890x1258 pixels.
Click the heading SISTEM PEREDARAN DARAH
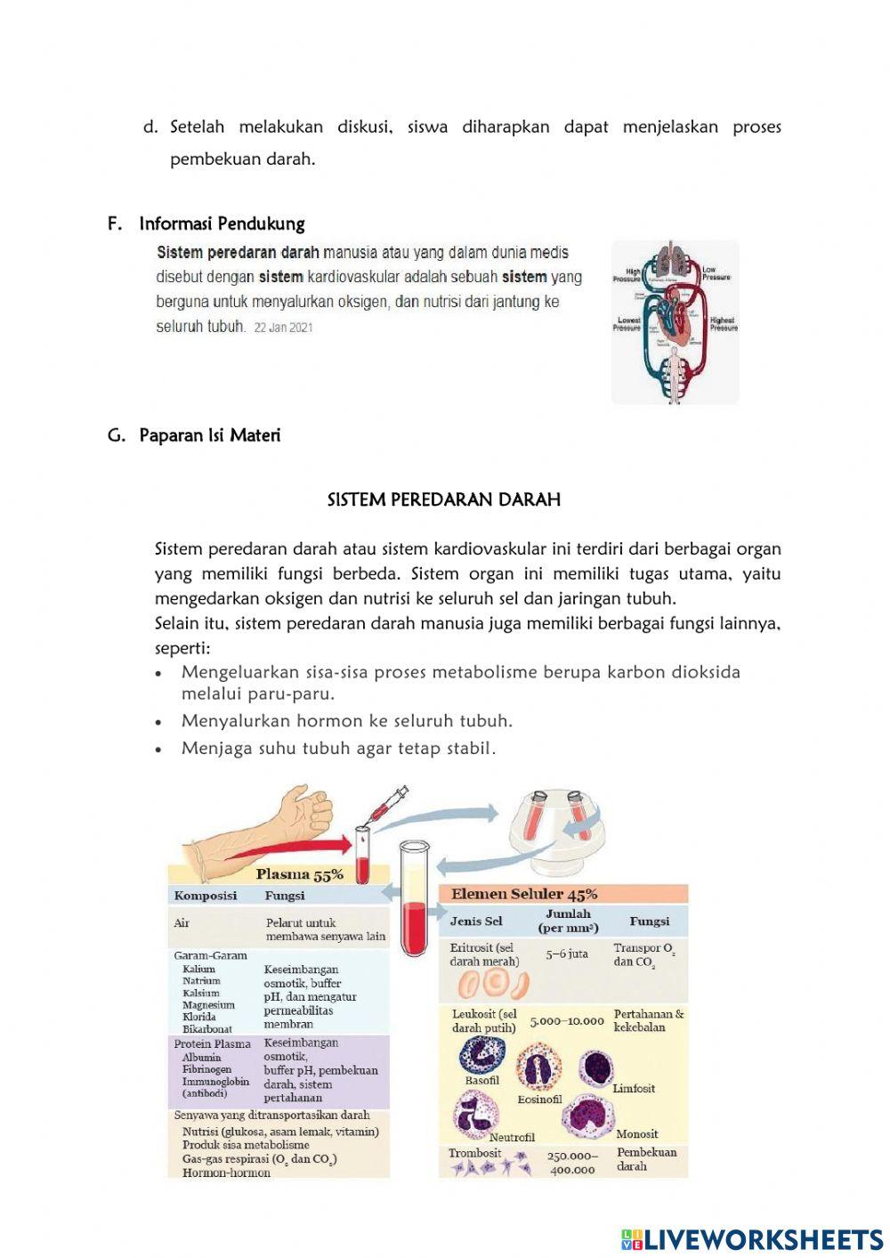[x=444, y=499]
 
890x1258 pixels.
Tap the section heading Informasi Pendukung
[x=222, y=223]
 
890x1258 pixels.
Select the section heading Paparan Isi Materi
[x=209, y=435]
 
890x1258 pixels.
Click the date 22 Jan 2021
[x=283, y=328]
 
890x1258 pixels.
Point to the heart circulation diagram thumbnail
[x=675, y=321]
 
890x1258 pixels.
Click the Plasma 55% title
[x=299, y=874]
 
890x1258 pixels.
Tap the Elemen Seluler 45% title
[x=524, y=894]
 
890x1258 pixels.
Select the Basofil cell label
[x=482, y=1080]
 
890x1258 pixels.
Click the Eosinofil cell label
[x=539, y=1099]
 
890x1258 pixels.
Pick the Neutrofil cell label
[x=512, y=1137]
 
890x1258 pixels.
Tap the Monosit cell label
[x=637, y=1133]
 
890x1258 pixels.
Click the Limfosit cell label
[x=634, y=1088]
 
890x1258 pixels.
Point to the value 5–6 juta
[x=567, y=954]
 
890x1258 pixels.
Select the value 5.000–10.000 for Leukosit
[x=567, y=1021]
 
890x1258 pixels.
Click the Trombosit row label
[x=474, y=1153]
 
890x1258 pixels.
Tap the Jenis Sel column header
[x=476, y=921]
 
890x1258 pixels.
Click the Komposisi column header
[x=205, y=896]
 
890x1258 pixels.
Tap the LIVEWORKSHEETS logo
[x=752, y=1239]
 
